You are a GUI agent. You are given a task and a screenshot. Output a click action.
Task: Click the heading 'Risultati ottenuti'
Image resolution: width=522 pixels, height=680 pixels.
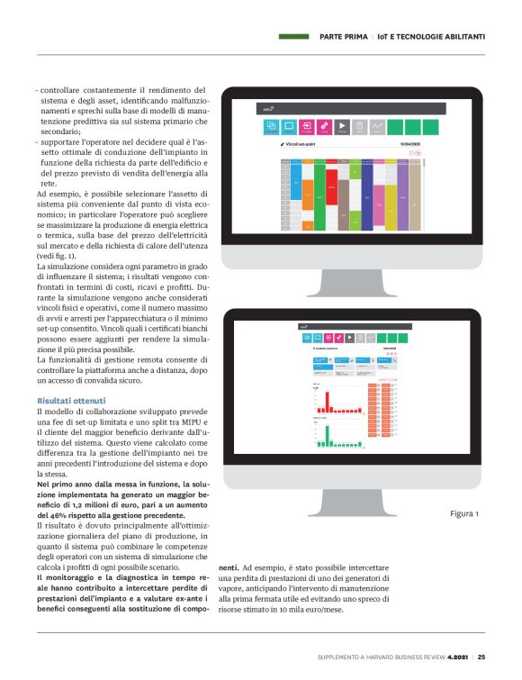click(x=71, y=400)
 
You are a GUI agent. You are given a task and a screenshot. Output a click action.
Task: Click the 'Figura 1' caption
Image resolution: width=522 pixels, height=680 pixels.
click(x=464, y=513)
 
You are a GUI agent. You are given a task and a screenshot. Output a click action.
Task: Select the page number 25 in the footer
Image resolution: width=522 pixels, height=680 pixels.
click(x=481, y=657)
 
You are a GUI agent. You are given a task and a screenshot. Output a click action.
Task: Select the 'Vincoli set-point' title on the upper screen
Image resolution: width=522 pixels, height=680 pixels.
click(x=305, y=143)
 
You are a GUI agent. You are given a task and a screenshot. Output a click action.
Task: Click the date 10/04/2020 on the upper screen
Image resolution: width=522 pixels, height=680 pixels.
click(x=411, y=143)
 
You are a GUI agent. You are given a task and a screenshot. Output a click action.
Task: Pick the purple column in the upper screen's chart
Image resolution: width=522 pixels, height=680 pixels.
click(x=402, y=194)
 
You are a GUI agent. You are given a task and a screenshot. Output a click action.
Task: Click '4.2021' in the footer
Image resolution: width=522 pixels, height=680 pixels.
click(x=457, y=657)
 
